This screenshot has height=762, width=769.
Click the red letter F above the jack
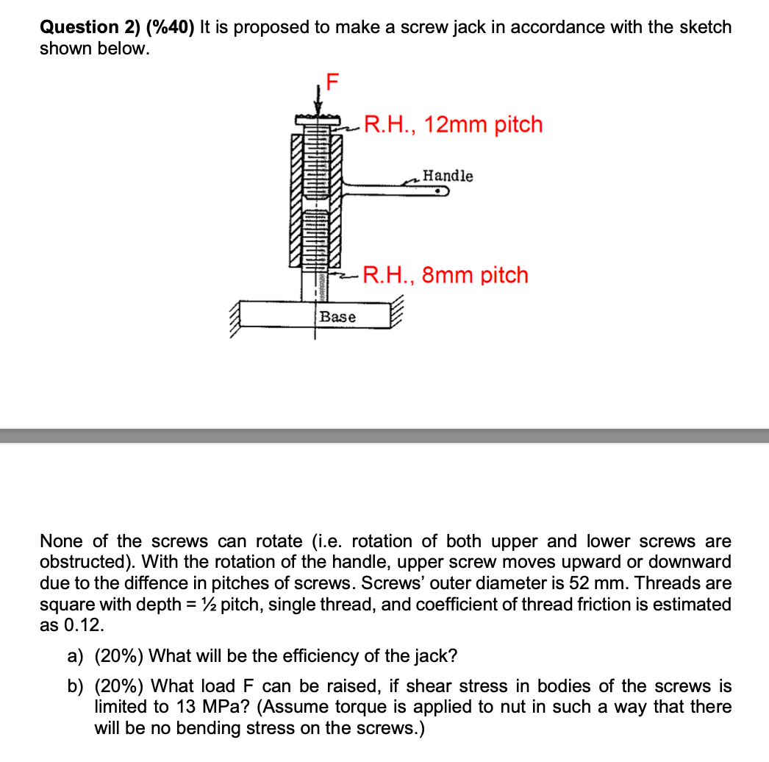click(x=332, y=81)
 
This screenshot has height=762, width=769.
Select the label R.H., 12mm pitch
click(x=453, y=124)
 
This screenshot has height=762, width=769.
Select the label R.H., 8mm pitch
click(x=446, y=275)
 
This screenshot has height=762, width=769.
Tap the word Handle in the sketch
click(x=448, y=176)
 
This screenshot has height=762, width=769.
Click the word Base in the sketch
click(x=338, y=317)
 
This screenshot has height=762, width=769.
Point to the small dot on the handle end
click(x=439, y=193)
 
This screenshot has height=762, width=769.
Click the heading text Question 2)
click(x=89, y=27)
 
